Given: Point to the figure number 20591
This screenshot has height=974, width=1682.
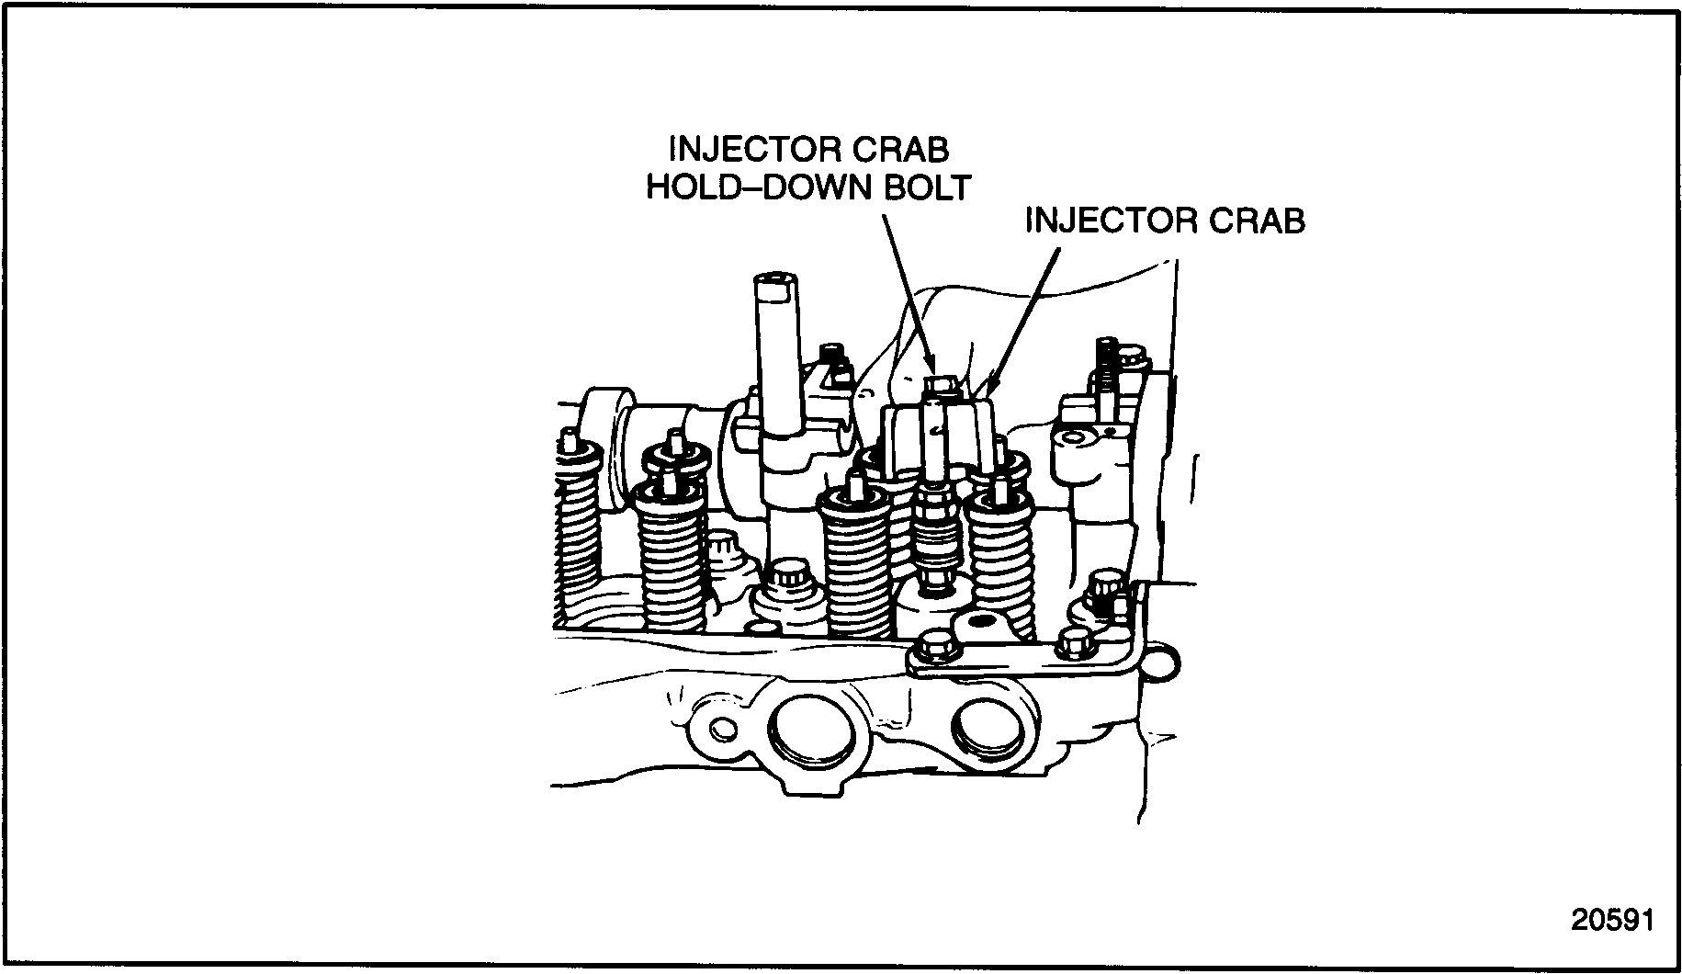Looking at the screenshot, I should tap(1611, 920).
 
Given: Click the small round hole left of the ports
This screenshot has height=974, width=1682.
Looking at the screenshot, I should tap(724, 730).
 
